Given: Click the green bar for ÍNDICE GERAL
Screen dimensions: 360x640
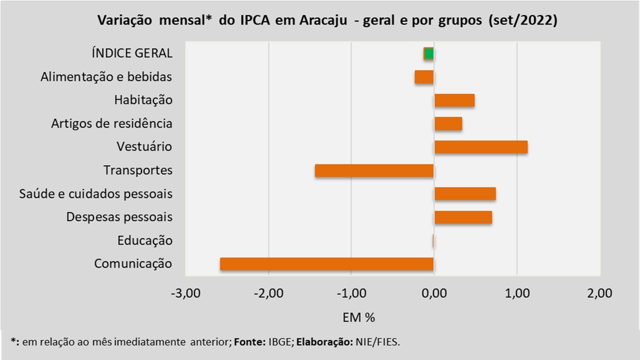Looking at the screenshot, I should tap(428, 53).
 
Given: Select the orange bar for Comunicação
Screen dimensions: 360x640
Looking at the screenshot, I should tap(326, 264).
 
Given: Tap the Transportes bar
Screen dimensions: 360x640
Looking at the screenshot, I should tap(374, 170).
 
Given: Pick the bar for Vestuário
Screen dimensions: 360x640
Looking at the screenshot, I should tap(480, 147).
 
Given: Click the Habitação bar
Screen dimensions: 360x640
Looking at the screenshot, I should tap(454, 100).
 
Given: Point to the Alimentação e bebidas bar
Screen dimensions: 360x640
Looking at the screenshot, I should tap(424, 77).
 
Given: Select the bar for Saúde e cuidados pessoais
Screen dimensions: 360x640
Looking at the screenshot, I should tap(465, 193).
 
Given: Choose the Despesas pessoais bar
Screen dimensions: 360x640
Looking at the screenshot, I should tap(463, 217).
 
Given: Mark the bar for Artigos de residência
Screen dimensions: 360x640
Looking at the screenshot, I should tap(448, 123).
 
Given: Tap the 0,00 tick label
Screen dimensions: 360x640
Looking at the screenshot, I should tap(434, 293).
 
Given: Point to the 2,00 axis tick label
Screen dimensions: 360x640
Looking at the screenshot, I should tap(600, 293).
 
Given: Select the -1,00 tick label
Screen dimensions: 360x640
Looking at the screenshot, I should tap(351, 293).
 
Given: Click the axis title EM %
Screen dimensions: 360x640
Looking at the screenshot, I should tap(359, 317).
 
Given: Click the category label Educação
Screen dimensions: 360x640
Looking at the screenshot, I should tap(145, 240).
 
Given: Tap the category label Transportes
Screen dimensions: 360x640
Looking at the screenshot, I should tap(138, 170).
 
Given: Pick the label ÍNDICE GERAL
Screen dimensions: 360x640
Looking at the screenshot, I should tap(132, 53).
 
